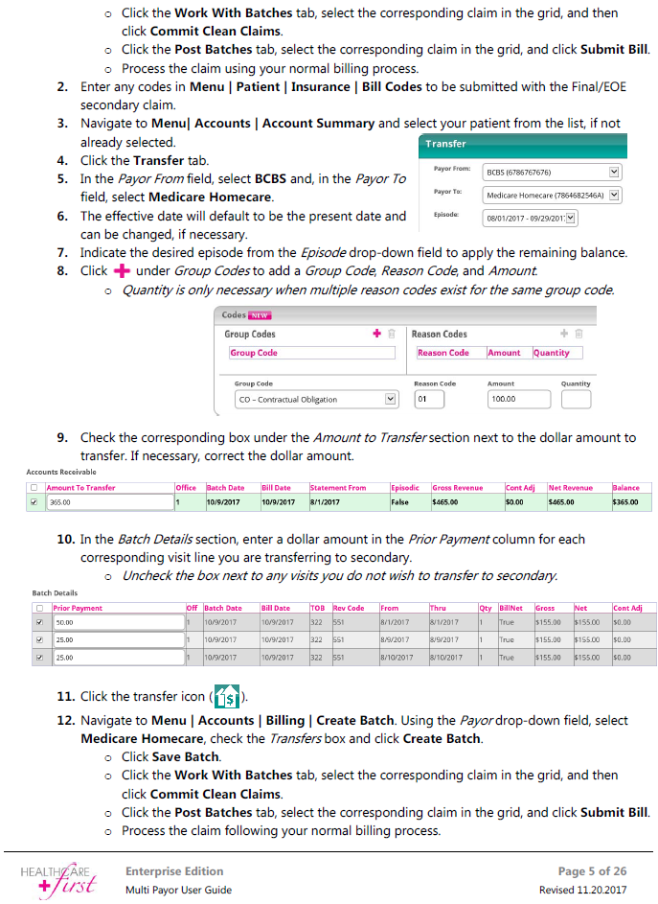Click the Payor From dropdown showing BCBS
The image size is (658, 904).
coord(553,173)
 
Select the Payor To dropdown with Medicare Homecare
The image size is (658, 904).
coord(553,195)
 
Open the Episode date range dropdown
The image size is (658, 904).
coord(531,218)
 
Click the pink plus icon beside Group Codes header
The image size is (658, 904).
coord(377,334)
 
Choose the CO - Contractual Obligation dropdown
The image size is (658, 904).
coord(315,399)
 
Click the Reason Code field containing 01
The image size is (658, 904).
coord(429,399)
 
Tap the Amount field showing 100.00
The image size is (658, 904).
coord(513,399)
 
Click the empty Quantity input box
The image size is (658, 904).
coord(576,399)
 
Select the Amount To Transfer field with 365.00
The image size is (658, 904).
coord(108,501)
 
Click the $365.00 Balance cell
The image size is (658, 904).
coord(626,501)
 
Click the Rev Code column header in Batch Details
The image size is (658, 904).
coord(349,608)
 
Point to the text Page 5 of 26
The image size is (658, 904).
coord(592,871)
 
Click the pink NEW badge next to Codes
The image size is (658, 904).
coord(261,314)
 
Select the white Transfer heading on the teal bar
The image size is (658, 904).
coord(445,144)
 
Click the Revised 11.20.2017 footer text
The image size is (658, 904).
coord(584,890)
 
